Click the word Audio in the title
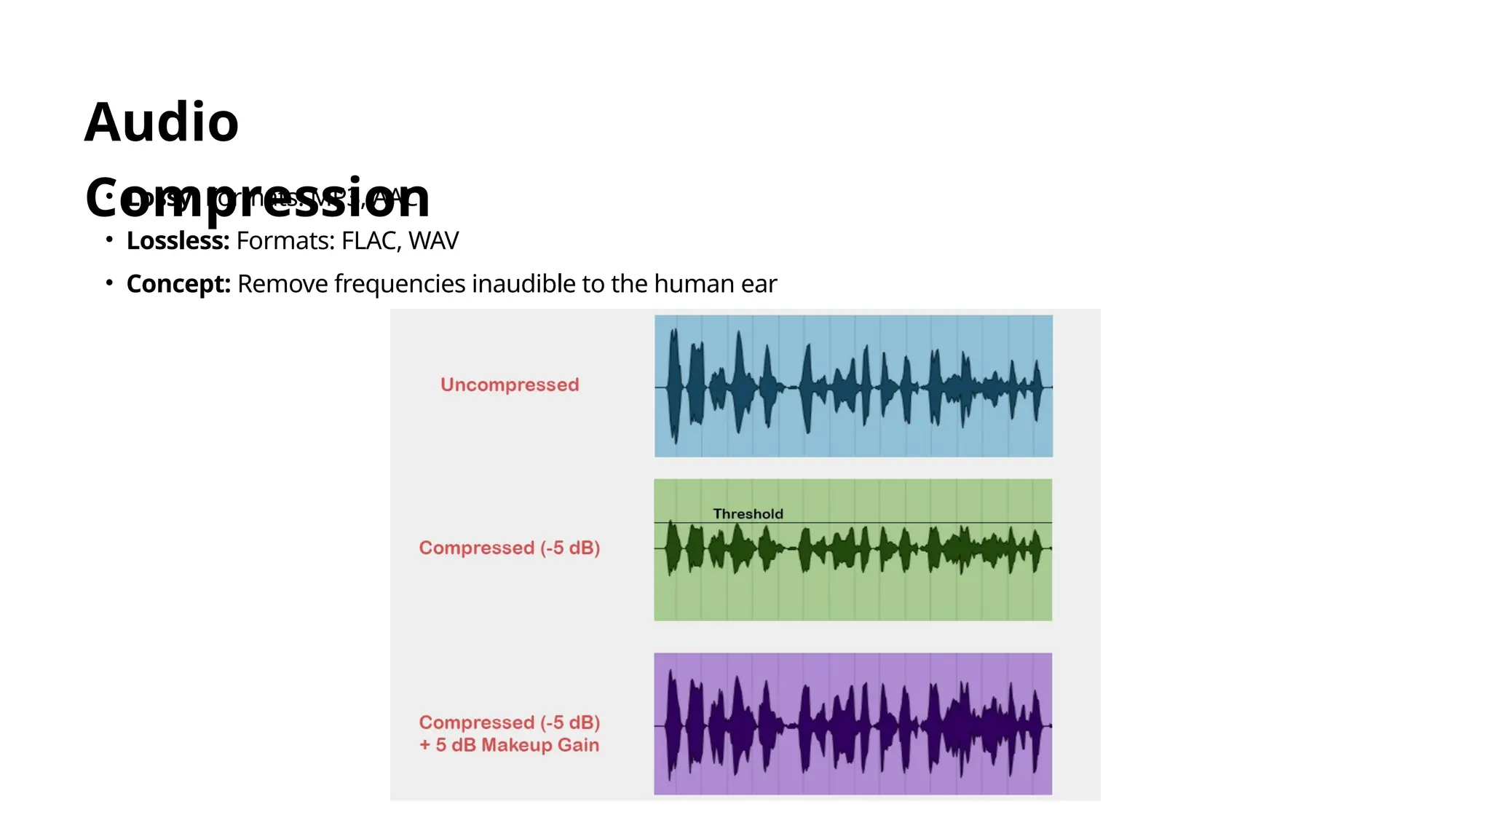tap(161, 122)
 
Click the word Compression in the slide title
tap(257, 197)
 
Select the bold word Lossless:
tap(178, 241)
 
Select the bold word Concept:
tap(178, 284)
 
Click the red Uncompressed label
tap(510, 385)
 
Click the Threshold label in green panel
tap(748, 513)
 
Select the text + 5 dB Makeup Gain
tap(509, 745)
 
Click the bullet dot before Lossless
tap(109, 240)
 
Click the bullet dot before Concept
tap(109, 283)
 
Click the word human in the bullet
tap(694, 284)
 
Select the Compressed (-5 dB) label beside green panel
tap(509, 548)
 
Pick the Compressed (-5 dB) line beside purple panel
tap(509, 722)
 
